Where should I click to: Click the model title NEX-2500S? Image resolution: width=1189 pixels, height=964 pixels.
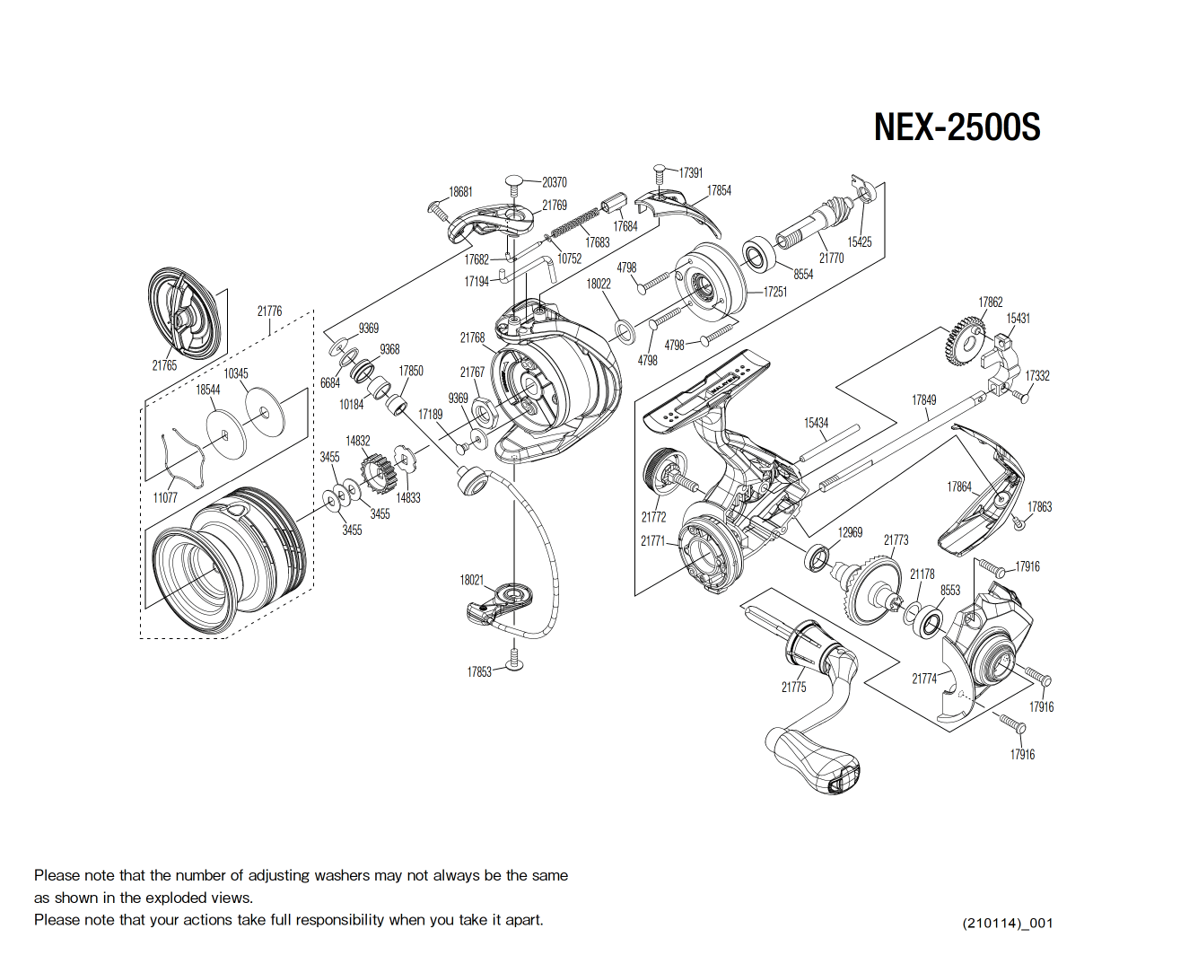pos(957,127)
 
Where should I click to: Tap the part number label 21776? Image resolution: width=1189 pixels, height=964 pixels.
pos(269,311)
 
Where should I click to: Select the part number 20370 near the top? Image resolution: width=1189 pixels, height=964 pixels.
pos(554,182)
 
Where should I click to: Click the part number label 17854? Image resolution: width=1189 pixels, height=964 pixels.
pos(719,190)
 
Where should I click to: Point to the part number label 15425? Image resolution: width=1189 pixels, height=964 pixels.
pos(859,241)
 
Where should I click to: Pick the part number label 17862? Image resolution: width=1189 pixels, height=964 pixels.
pos(990,302)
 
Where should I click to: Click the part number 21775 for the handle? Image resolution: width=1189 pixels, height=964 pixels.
pos(793,687)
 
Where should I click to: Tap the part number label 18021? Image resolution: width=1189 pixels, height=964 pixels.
pos(472,580)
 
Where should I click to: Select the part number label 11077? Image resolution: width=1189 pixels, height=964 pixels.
pos(165,497)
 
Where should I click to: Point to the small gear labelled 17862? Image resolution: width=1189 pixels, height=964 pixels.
pos(965,341)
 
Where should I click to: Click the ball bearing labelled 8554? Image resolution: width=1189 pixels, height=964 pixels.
pos(758,254)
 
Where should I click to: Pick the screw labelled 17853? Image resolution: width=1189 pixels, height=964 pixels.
pos(514,660)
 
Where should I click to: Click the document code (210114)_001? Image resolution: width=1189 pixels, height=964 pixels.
pos(1007,923)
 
